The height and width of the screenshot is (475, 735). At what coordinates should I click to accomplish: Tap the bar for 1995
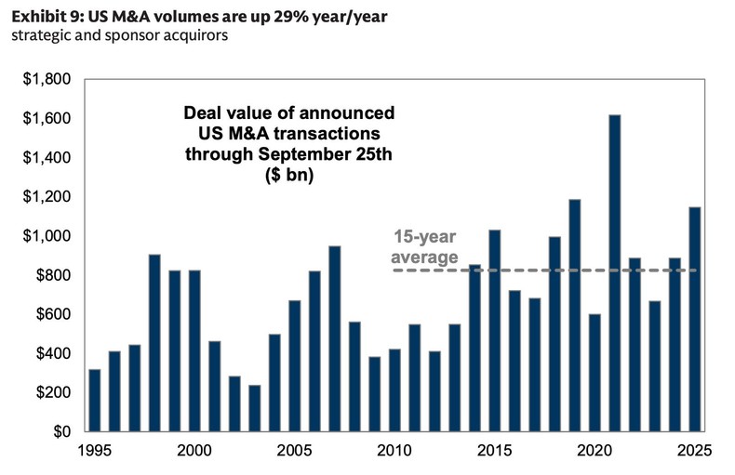click(x=94, y=401)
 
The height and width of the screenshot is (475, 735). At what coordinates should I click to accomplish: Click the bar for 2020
click(x=595, y=373)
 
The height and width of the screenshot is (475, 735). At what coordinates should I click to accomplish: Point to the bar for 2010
click(x=394, y=390)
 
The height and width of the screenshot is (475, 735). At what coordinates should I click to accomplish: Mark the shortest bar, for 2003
click(x=254, y=408)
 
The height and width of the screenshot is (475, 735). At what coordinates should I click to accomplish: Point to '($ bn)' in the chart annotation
click(x=287, y=173)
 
